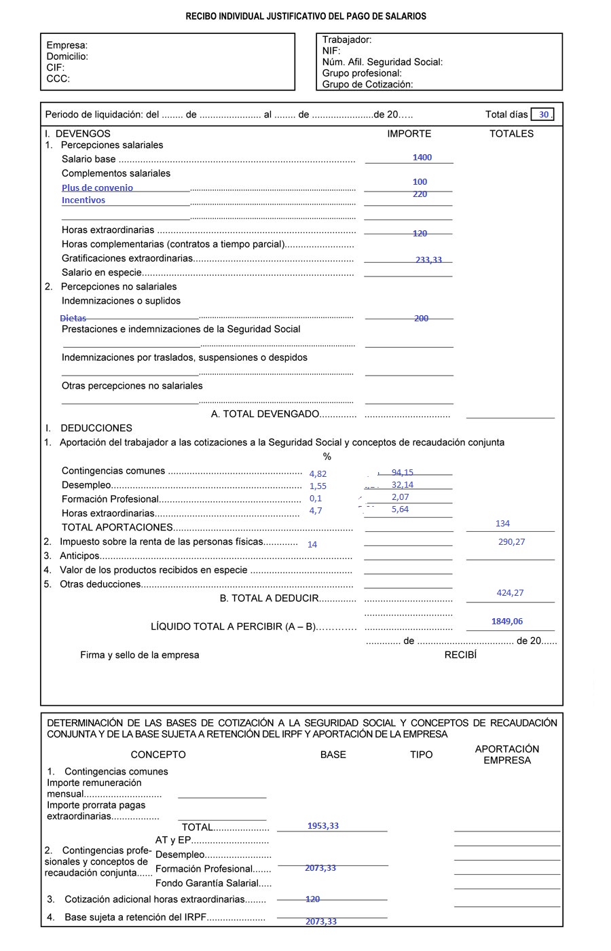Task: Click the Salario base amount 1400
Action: click(422, 158)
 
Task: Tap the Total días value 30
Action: click(543, 115)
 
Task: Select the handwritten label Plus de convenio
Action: click(97, 188)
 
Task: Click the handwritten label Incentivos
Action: click(84, 200)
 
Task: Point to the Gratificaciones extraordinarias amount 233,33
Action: click(428, 259)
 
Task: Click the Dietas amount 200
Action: click(421, 319)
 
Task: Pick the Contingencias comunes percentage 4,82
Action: click(318, 474)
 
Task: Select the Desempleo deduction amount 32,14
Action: click(402, 485)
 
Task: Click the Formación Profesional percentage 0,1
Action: click(315, 499)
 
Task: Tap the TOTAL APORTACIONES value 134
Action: click(502, 524)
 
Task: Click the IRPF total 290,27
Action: click(511, 542)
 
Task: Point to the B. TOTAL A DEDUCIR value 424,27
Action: click(510, 593)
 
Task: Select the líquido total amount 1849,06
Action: click(506, 622)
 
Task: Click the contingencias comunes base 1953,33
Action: click(322, 826)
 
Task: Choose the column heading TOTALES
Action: click(511, 134)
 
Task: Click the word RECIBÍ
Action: click(460, 655)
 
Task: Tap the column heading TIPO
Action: click(421, 755)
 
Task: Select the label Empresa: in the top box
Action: click(67, 46)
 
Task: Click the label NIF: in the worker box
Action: click(331, 51)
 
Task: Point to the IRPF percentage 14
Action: click(312, 545)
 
